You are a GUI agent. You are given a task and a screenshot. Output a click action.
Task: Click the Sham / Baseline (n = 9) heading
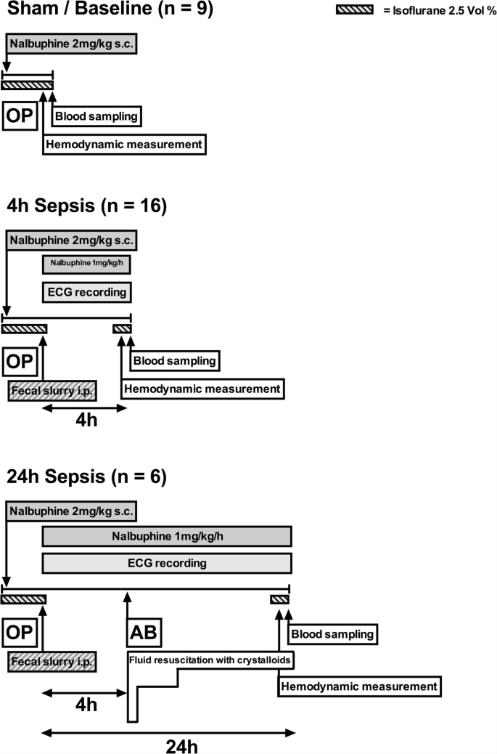click(109, 12)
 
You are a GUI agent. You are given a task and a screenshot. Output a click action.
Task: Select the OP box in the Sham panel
click(20, 116)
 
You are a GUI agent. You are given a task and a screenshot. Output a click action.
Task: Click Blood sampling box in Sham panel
click(96, 116)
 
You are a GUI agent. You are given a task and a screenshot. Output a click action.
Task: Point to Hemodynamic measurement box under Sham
click(123, 145)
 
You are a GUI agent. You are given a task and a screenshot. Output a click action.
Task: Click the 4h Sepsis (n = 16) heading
click(87, 206)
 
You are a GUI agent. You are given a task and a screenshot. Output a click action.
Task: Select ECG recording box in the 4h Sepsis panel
click(86, 293)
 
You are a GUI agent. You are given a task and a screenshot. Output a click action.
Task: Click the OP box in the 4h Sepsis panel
click(20, 361)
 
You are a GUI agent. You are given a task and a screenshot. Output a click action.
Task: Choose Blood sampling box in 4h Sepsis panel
click(174, 360)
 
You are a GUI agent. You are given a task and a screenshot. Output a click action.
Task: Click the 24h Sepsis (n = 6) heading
click(86, 477)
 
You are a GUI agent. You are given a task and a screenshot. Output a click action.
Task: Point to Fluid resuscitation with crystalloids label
click(210, 660)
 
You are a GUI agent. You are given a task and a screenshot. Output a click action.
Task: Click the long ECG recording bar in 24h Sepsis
click(167, 563)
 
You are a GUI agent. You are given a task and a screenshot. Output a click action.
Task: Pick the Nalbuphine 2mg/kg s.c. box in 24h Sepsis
click(71, 511)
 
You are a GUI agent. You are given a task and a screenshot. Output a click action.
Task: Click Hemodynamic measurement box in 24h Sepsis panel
click(359, 686)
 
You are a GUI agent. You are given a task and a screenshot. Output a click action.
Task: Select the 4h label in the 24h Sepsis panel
click(86, 704)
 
